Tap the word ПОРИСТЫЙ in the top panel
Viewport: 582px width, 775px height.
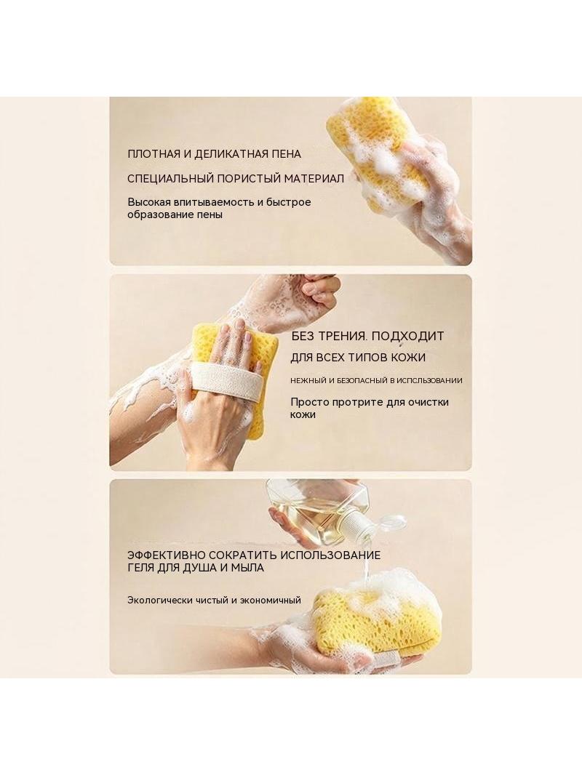click(x=248, y=178)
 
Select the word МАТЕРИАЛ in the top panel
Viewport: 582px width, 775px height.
click(x=314, y=178)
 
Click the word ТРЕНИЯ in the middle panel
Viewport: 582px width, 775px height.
click(x=342, y=336)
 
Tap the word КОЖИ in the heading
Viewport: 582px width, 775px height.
click(x=408, y=358)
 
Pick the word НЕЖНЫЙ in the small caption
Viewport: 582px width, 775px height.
click(x=308, y=380)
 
